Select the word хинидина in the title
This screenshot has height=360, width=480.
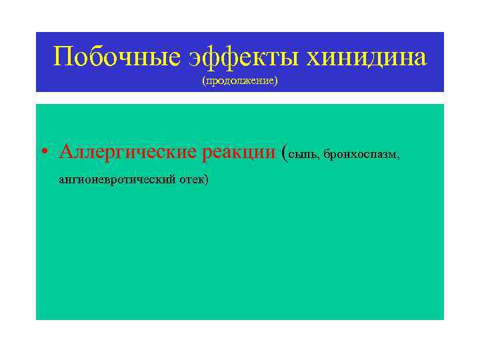coord(367,57)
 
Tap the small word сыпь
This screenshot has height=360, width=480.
coord(305,155)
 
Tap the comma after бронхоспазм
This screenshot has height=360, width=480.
coord(399,158)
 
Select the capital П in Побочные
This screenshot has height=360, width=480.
coord(63,57)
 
